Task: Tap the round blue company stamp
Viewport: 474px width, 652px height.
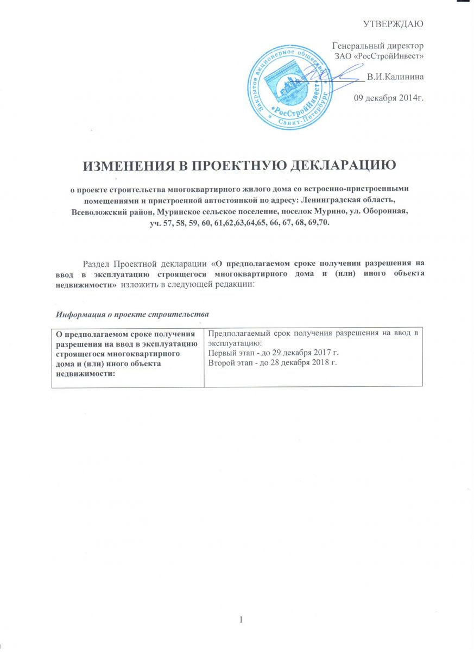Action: (x=290, y=87)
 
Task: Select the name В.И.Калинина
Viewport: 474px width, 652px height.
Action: (x=395, y=77)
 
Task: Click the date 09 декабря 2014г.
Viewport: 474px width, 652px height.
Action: (x=389, y=98)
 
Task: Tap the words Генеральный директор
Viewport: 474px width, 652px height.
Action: (x=378, y=46)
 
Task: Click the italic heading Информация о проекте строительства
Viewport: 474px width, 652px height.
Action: (x=132, y=314)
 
